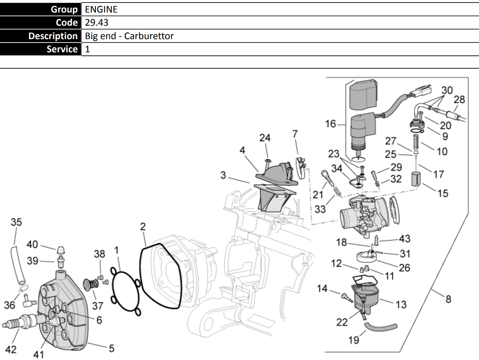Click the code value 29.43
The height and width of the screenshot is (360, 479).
[96, 23]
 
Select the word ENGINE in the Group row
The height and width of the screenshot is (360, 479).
[101, 9]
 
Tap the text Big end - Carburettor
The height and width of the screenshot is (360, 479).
[129, 36]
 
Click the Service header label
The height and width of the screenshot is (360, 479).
[62, 49]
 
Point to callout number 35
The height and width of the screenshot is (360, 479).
[16, 222]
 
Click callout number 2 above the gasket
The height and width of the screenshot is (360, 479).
[143, 227]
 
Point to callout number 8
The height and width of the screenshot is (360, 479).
[448, 299]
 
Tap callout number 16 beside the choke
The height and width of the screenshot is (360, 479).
[330, 124]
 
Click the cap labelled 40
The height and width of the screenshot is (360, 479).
[61, 250]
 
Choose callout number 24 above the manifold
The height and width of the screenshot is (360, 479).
[265, 138]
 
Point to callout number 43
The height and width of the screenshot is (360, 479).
[404, 239]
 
